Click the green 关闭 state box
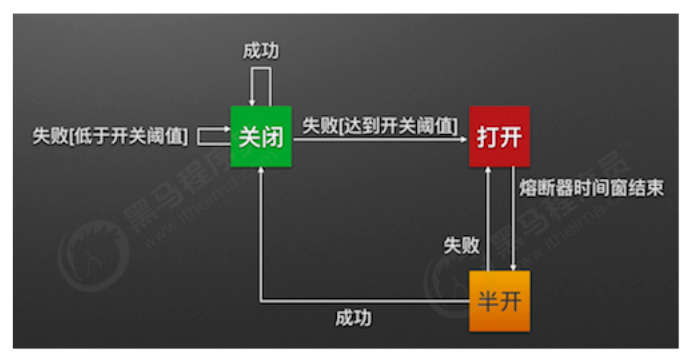click(262, 137)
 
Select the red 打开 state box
click(499, 137)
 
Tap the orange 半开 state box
click(499, 299)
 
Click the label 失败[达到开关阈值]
click(380, 126)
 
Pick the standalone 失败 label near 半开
click(462, 245)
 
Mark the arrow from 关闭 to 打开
click(380, 142)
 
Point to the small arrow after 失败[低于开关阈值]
click(212, 134)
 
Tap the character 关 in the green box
click(250, 137)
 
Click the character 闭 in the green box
click(275, 137)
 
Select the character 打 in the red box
click(487, 137)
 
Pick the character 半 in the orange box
click(487, 299)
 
